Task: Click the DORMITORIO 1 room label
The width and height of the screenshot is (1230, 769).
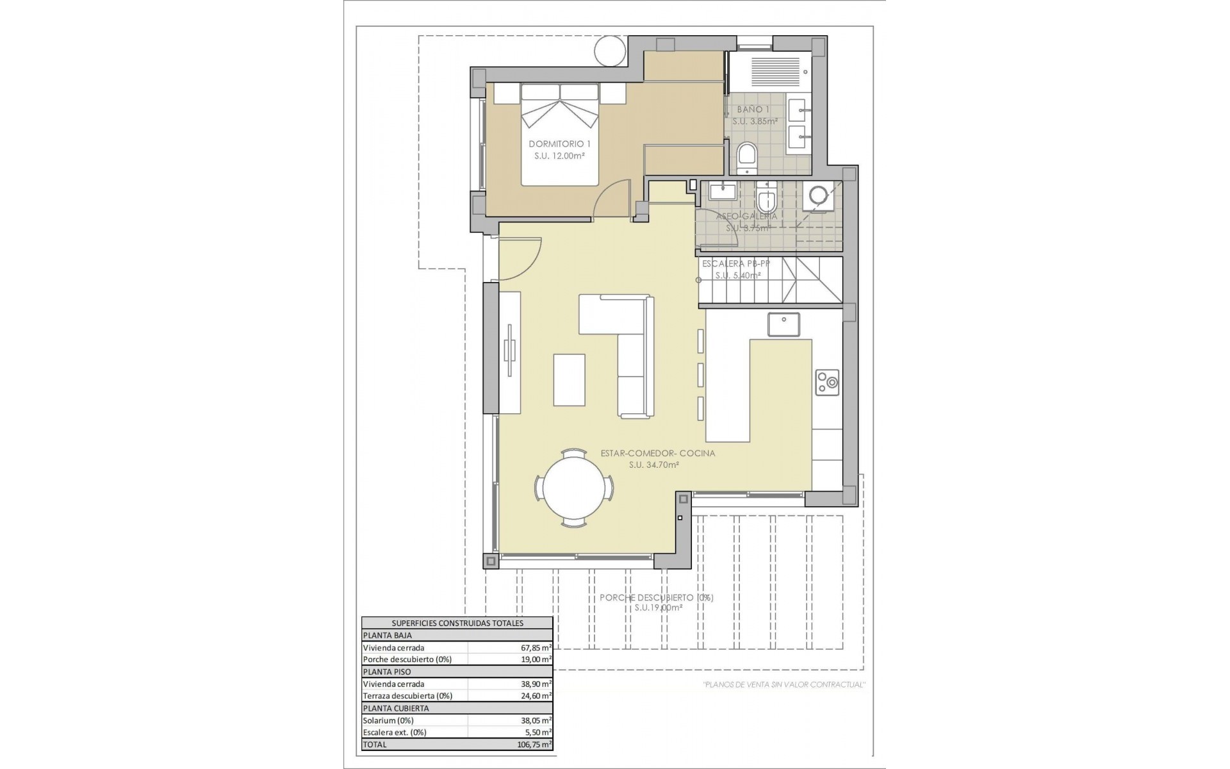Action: pyautogui.click(x=559, y=144)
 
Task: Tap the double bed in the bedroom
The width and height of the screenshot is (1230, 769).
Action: pyautogui.click(x=560, y=135)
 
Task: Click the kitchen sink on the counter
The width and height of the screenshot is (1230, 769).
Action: pyautogui.click(x=783, y=324)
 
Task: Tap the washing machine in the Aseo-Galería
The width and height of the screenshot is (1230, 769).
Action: pyautogui.click(x=818, y=195)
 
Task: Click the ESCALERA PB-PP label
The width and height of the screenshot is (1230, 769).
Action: pyautogui.click(x=732, y=263)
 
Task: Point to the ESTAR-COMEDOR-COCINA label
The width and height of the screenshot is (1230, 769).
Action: pyautogui.click(x=657, y=453)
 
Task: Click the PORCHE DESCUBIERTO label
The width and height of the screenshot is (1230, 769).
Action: pyautogui.click(x=656, y=597)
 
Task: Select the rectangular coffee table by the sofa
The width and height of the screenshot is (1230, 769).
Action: pyautogui.click(x=569, y=380)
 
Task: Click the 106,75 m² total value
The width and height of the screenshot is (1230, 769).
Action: pyautogui.click(x=533, y=745)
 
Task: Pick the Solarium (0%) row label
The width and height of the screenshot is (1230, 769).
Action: pyautogui.click(x=388, y=720)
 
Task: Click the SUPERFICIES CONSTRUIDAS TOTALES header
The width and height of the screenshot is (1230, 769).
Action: pyautogui.click(x=457, y=623)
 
